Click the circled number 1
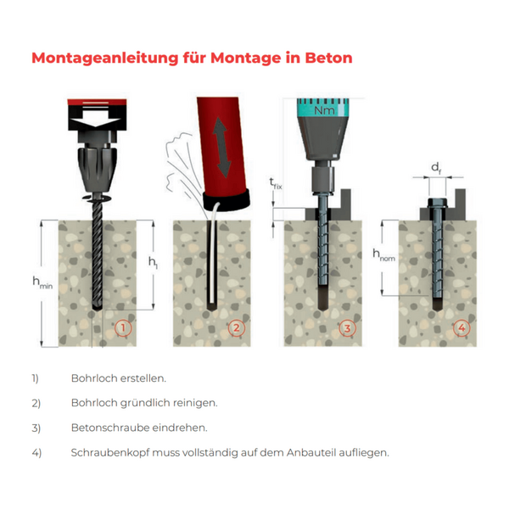pos(123,327)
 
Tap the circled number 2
pos(237,327)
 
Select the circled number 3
pos(347,328)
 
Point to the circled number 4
pos(461,327)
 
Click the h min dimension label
pos(42,282)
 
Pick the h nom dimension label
pos(384,255)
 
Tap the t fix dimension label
pos(276,183)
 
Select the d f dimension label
pos(436,168)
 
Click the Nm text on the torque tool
pos(324,110)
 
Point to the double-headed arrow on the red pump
pos(221,147)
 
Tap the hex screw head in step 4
pos(438,204)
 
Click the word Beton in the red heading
pos(328,58)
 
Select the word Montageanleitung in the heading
pos(105,59)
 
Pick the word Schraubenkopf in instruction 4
pos(110,452)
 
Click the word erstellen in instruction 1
pos(143,378)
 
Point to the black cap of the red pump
pos(227,199)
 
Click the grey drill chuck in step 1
pos(97,169)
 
